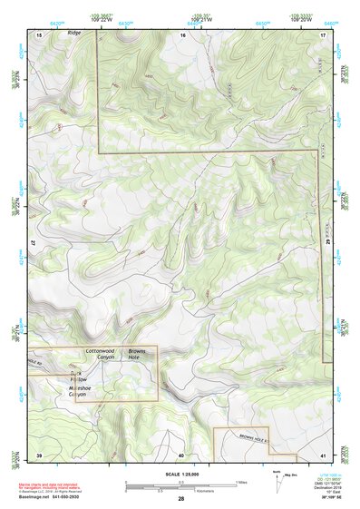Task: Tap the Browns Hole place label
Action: [137, 355]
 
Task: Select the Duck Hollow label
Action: [76, 376]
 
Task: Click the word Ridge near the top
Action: [73, 33]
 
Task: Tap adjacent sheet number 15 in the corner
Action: [39, 34]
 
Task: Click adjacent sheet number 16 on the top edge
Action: [182, 34]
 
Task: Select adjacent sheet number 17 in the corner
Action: [324, 34]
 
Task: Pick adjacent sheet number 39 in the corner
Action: [39, 454]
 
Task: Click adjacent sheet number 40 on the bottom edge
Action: [181, 454]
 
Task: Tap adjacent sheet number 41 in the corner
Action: [324, 454]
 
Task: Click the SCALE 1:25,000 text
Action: [181, 474]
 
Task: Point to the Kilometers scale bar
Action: [181, 488]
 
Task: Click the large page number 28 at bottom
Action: [181, 500]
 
